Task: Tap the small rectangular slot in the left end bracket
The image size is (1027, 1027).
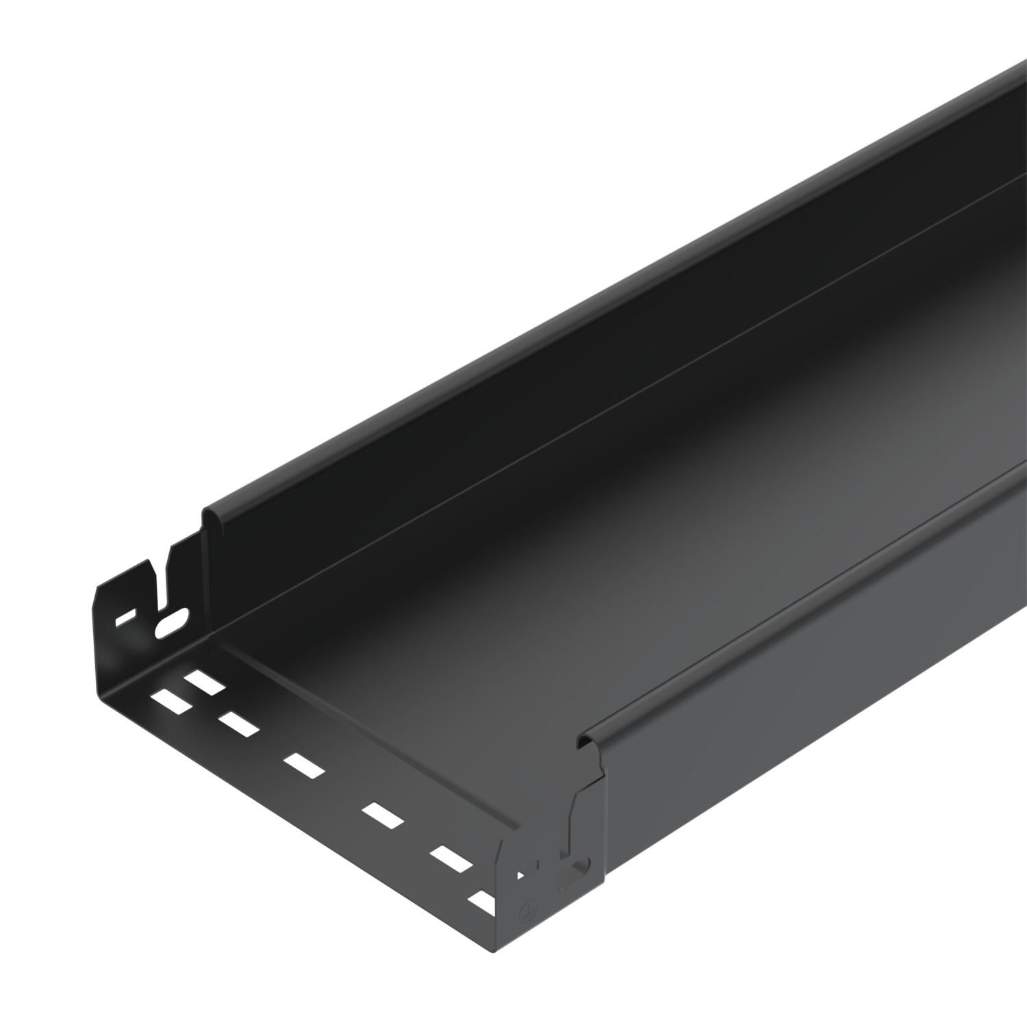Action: (126, 620)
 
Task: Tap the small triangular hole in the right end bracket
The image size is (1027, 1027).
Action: (521, 874)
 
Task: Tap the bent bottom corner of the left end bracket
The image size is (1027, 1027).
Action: (103, 678)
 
